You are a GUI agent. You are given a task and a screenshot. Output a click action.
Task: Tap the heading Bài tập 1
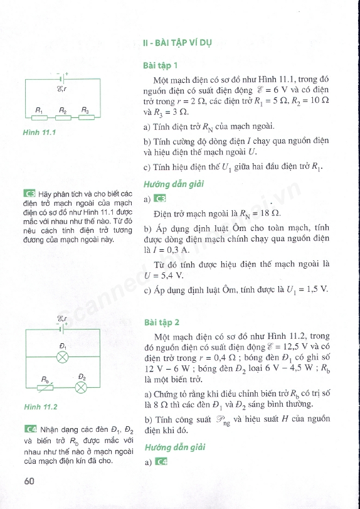pyautogui.click(x=161, y=65)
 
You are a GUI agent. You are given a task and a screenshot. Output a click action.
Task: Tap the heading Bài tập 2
pyautogui.click(x=162, y=323)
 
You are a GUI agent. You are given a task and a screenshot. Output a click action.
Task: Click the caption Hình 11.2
pyautogui.click(x=41, y=407)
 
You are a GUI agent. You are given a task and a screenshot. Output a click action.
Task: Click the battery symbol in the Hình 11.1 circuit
pyautogui.click(x=61, y=80)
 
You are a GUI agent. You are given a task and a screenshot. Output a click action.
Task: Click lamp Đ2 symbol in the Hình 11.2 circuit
pyautogui.click(x=80, y=387)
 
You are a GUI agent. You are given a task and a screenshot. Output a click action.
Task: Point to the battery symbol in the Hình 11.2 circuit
pyautogui.click(x=61, y=327)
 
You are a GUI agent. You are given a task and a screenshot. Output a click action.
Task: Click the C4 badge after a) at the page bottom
pyautogui.click(x=161, y=463)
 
